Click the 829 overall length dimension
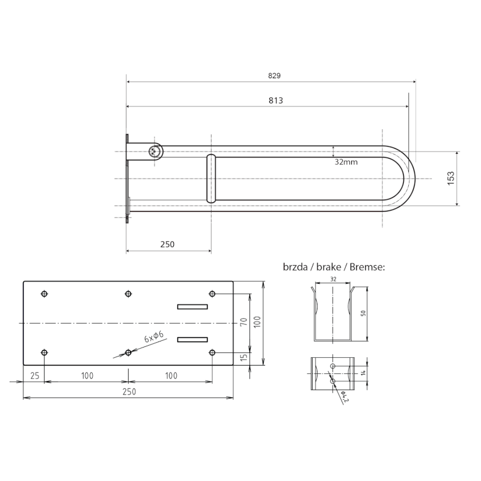[x=274, y=76]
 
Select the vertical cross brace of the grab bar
[x=211, y=179]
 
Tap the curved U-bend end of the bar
[x=406, y=179]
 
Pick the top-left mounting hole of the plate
[x=44, y=294]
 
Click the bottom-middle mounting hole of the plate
[x=128, y=352]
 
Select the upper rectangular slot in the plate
[x=192, y=307]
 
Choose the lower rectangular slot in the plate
[x=192, y=340]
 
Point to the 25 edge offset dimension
[x=34, y=376]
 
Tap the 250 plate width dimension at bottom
[x=129, y=391]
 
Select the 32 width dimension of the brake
[x=332, y=280]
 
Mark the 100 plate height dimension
[x=257, y=323]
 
